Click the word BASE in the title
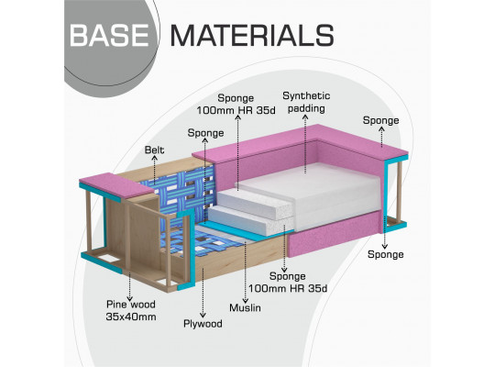(109, 36)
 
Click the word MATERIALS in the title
(252, 36)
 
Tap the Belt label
(154, 150)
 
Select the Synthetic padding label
(306, 102)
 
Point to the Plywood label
(203, 324)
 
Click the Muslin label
(245, 307)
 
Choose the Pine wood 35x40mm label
(131, 310)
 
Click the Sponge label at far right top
(380, 120)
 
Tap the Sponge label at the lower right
(385, 254)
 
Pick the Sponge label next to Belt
(205, 133)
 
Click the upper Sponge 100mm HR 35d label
(236, 104)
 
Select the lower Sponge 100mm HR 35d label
(288, 282)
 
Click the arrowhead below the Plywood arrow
(203, 315)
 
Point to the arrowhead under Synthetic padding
(305, 117)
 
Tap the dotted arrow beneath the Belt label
(154, 170)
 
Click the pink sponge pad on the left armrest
(115, 185)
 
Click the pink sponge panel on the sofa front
(335, 234)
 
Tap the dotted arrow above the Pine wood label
(129, 286)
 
